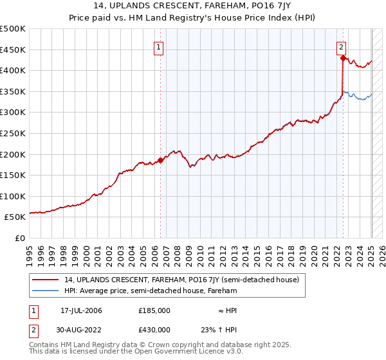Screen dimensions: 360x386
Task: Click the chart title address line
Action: [192, 6]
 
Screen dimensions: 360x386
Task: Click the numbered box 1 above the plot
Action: [158, 46]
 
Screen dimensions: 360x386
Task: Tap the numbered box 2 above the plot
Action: [341, 46]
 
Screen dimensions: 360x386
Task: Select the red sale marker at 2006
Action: [160, 161]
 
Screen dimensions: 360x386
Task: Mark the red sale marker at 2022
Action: [343, 58]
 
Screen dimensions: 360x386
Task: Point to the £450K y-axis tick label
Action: [13, 50]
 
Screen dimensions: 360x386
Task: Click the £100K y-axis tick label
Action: [13, 196]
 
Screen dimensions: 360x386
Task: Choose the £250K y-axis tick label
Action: [13, 133]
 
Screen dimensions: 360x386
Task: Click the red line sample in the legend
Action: [46, 280]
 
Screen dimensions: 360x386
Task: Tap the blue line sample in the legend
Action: [46, 291]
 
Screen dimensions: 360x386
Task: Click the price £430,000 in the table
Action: [154, 330]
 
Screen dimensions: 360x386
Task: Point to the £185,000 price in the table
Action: [154, 310]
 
